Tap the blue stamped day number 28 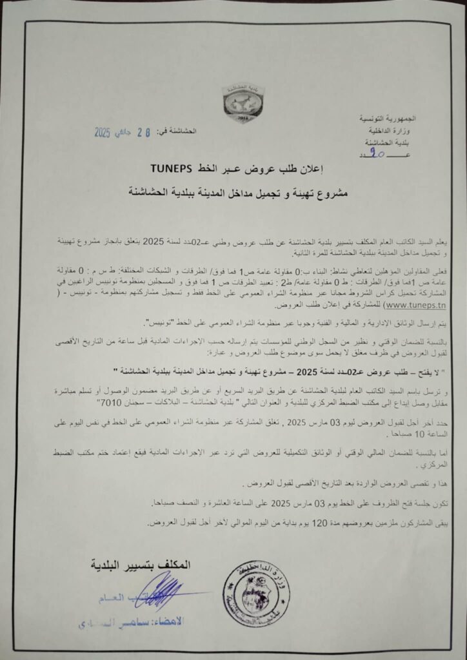click(145, 133)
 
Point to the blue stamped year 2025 click(103, 133)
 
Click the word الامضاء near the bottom click(166, 621)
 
